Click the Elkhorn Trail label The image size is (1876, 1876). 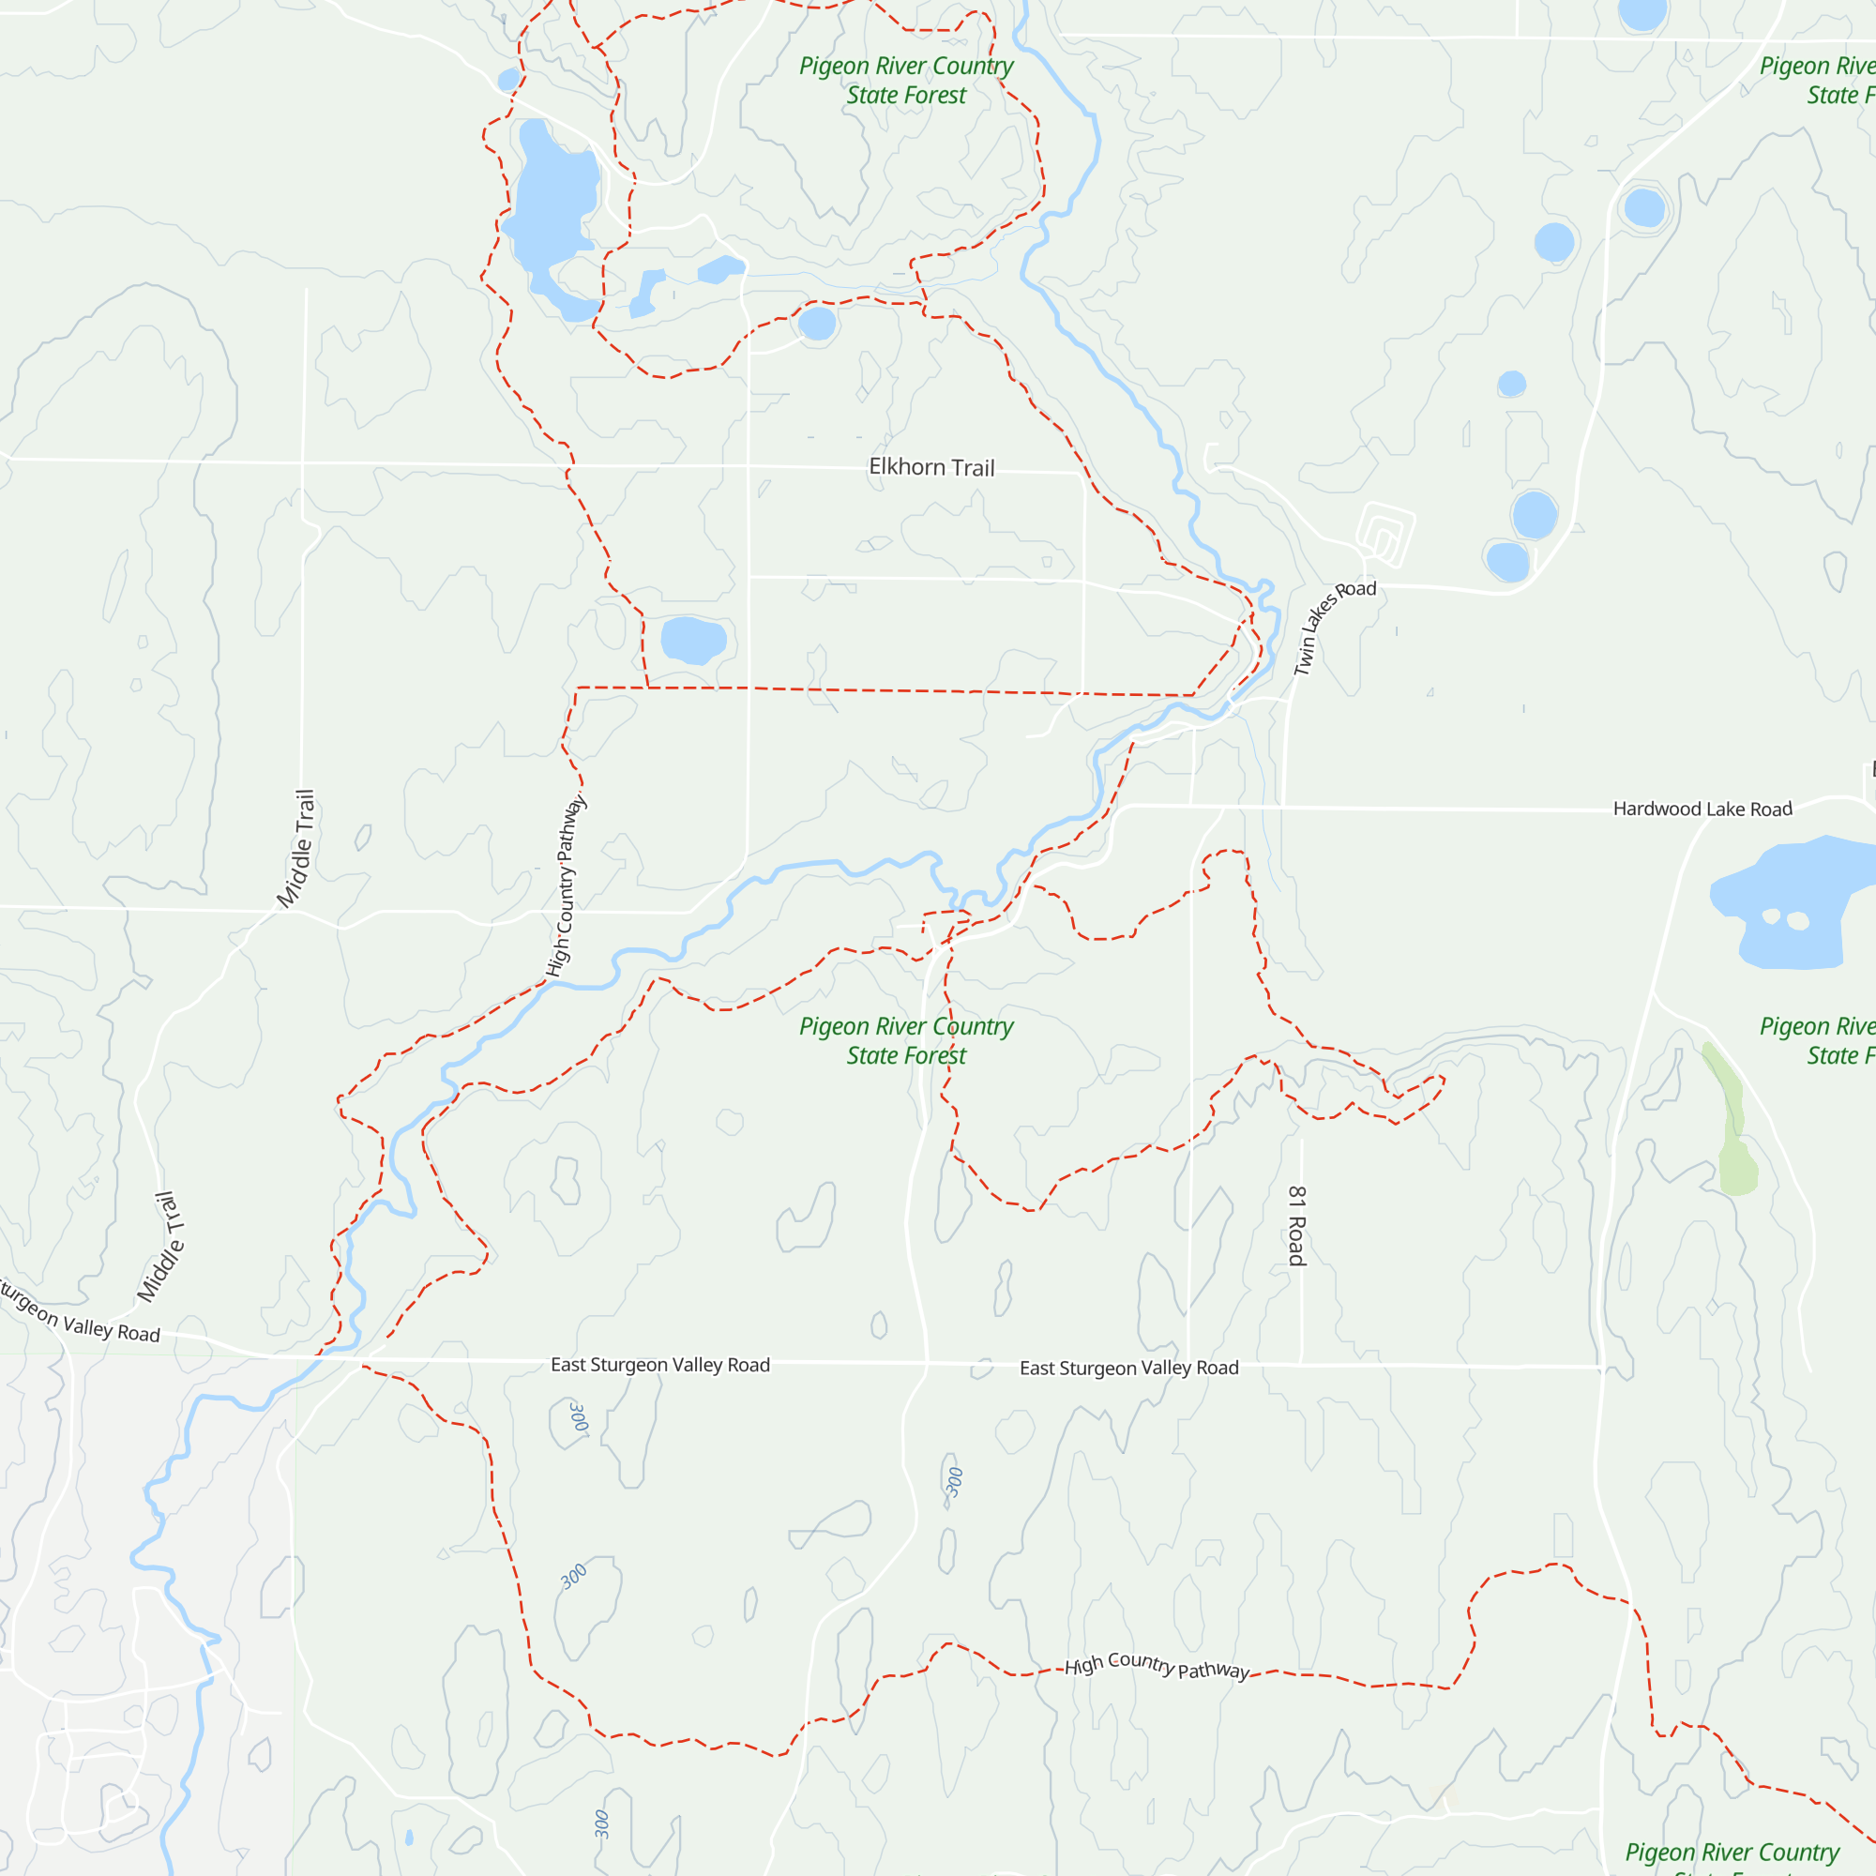point(931,467)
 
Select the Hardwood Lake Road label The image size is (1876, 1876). point(1702,809)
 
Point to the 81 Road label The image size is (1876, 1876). point(1297,1225)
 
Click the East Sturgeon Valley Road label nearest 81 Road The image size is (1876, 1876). point(1128,1368)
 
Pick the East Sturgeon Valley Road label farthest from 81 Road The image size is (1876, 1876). point(660,1364)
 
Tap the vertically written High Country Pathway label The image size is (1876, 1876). point(567,885)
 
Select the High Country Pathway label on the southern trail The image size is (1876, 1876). point(1157,1665)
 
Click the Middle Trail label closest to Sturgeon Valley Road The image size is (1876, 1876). point(161,1248)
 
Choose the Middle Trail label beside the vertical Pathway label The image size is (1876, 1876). point(296,849)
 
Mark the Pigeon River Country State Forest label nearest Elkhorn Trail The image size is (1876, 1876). point(906,81)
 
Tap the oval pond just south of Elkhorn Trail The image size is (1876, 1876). point(692,640)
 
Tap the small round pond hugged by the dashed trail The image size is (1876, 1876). point(817,324)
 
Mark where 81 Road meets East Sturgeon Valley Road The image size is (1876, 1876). point(1300,1364)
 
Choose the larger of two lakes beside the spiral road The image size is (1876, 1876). point(1535,515)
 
